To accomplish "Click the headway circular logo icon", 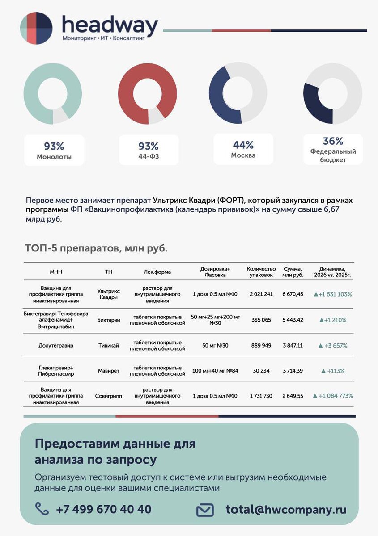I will tap(36, 28).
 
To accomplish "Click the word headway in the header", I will tap(110, 25).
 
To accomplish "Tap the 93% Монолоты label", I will tap(54, 151).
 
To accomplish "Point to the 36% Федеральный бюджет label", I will tap(333, 150).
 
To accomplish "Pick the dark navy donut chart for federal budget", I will tap(332, 94).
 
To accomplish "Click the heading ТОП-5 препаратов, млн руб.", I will tap(96, 248).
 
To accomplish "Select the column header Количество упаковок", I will tap(261, 272).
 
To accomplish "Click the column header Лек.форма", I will tap(157, 272).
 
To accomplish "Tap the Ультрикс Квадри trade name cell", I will tap(108, 294).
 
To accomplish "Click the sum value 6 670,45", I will tap(293, 294).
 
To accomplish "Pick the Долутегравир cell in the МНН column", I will tap(56, 345).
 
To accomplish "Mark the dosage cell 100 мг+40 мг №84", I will tap(215, 371).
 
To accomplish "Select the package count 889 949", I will tap(261, 345).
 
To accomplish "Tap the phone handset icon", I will tap(42, 508).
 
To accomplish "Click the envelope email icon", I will tap(205, 510).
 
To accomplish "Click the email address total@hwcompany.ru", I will tap(286, 509).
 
